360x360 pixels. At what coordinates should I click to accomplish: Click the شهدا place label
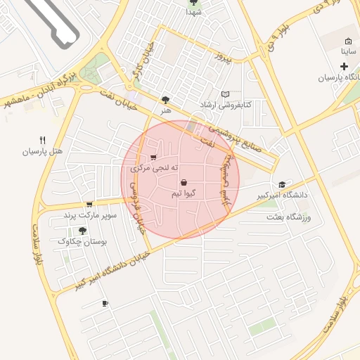click(194, 12)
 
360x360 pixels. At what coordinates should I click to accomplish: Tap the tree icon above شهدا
click(194, 2)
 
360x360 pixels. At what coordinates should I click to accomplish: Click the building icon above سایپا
click(349, 41)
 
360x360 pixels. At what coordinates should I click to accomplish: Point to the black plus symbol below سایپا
click(344, 66)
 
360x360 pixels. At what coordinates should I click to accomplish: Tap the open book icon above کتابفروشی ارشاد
click(225, 94)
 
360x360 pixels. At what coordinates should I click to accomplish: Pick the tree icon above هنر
click(166, 100)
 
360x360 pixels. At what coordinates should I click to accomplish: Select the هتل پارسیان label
click(41, 151)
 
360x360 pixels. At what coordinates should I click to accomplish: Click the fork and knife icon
click(42, 140)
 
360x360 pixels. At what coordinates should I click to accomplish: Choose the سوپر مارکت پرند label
click(89, 214)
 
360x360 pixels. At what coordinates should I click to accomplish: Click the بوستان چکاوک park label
click(82, 241)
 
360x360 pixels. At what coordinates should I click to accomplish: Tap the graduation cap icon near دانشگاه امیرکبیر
click(283, 184)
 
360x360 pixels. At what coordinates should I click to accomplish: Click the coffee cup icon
click(105, 303)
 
